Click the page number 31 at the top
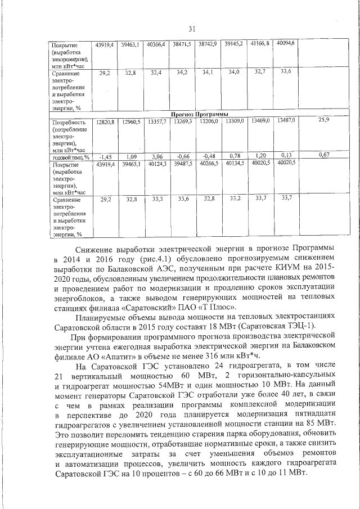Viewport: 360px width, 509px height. click(192, 29)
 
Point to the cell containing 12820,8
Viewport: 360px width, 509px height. click(105, 121)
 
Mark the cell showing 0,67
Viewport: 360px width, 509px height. click(323, 155)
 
